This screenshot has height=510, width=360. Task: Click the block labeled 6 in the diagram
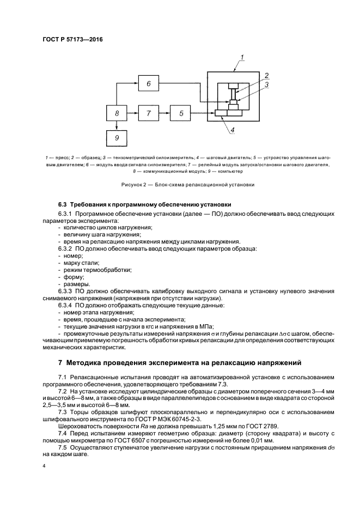point(148,83)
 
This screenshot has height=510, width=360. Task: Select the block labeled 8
point(117,113)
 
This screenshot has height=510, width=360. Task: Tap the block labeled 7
point(148,113)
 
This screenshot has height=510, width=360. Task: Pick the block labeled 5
point(181,113)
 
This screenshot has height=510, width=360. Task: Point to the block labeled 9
point(117,138)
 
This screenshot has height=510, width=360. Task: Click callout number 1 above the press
point(242,56)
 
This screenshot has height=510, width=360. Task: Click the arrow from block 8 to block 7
point(132,113)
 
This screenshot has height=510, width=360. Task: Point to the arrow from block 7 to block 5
point(164,113)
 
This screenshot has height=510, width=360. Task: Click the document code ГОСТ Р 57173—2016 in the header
point(72,39)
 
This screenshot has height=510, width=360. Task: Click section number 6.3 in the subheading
point(63,205)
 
